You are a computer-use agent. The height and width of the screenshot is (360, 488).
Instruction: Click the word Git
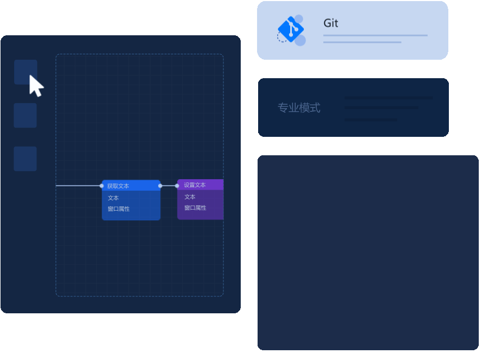(x=330, y=23)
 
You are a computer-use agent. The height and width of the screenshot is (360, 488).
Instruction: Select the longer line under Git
(x=375, y=35)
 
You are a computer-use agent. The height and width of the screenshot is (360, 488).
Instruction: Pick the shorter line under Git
(x=362, y=42)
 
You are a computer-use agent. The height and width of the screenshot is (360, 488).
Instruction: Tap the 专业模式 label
(x=299, y=108)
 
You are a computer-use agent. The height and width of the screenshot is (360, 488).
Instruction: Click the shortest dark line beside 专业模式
(x=371, y=119)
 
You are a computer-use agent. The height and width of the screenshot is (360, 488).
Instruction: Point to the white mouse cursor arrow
(x=35, y=85)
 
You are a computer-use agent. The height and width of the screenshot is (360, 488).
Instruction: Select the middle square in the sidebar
(x=25, y=115)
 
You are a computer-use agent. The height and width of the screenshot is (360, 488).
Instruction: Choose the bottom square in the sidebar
(x=25, y=159)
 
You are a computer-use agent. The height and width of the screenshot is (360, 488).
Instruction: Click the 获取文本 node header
(x=130, y=186)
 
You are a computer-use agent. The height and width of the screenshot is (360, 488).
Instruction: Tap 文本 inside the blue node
(x=113, y=198)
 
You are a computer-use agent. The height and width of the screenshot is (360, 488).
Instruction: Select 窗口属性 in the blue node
(x=118, y=209)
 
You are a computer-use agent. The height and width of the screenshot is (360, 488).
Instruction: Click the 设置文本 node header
(x=199, y=185)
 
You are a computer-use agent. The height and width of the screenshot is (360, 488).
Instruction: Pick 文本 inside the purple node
(x=190, y=197)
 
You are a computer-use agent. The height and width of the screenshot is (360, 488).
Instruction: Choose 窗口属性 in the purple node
(x=195, y=207)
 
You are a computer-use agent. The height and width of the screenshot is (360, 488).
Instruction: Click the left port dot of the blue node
(x=102, y=186)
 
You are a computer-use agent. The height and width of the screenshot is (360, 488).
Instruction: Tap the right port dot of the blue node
(x=160, y=186)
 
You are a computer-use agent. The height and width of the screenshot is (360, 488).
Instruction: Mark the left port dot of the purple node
(x=177, y=186)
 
